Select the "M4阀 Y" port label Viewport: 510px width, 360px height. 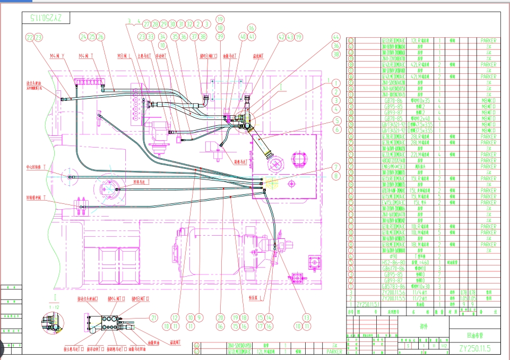57,56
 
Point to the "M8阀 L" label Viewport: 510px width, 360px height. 125,56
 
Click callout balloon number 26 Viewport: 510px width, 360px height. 101,37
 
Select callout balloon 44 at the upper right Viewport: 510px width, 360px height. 335,37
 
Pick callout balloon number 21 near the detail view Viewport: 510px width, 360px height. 154,318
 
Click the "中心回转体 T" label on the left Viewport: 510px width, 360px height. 36,167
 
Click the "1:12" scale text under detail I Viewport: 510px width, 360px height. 54,307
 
